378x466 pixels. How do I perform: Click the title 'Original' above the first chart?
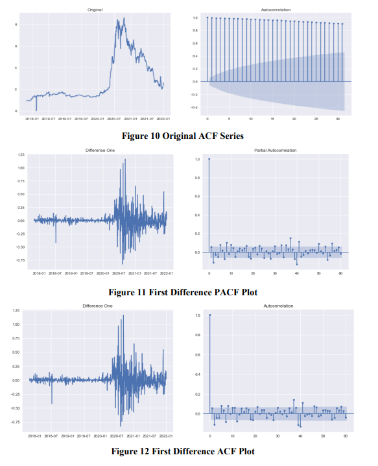95,10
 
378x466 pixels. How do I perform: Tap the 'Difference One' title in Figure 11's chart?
96,151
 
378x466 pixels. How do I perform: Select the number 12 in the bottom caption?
159,451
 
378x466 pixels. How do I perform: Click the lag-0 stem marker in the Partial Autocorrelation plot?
209,159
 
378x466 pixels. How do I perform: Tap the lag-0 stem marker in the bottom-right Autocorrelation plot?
210,315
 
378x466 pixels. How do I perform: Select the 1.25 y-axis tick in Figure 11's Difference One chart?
21,155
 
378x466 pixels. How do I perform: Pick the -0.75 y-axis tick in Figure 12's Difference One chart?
20,422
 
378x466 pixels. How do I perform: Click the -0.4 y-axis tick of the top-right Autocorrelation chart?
195,107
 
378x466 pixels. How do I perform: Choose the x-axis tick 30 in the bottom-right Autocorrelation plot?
278,435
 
